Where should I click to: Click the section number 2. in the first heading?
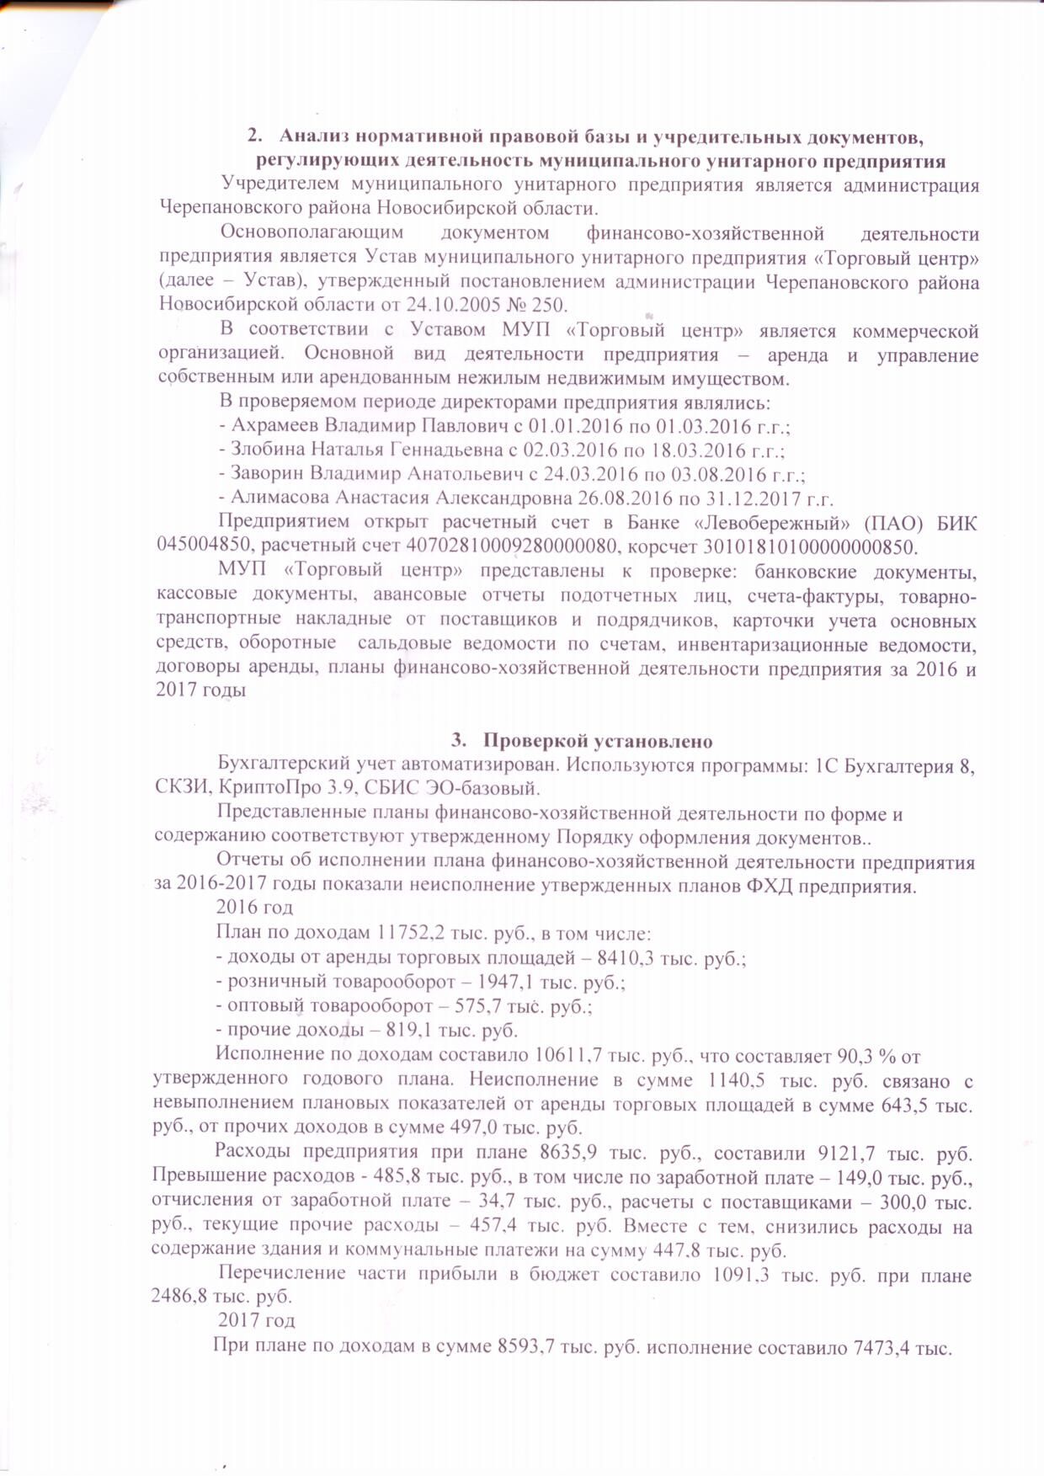click(x=254, y=136)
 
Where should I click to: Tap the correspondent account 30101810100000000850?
click(x=807, y=546)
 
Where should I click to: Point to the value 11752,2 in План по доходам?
click(x=408, y=933)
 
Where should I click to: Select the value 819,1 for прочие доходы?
click(x=408, y=1030)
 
